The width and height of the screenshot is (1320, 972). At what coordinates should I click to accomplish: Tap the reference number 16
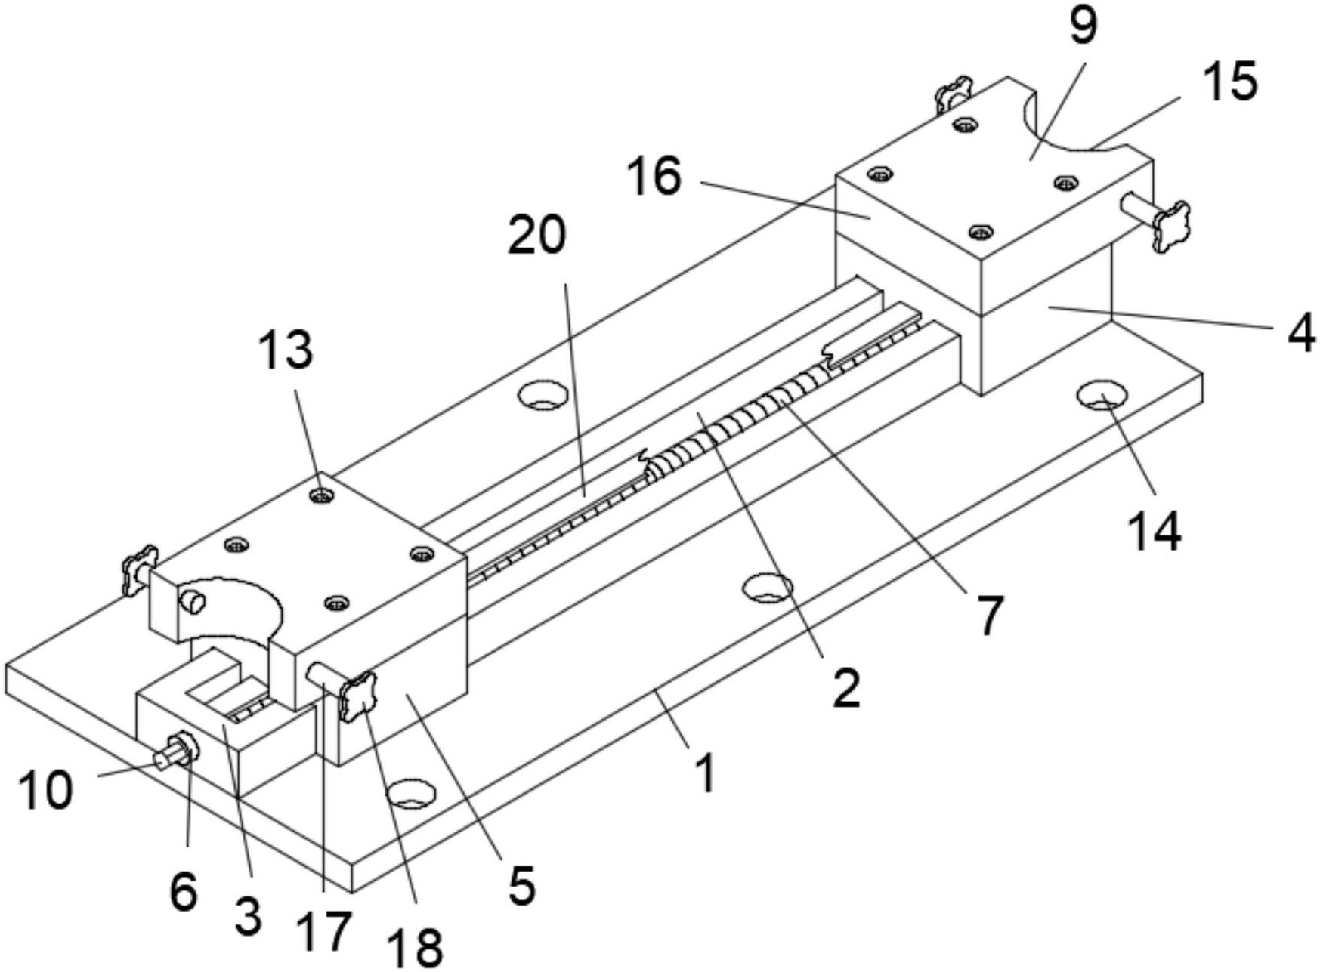pyautogui.click(x=654, y=177)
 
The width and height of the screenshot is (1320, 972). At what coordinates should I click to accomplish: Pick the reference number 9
pyautogui.click(x=1082, y=26)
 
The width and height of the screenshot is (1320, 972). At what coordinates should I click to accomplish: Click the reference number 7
pyautogui.click(x=988, y=616)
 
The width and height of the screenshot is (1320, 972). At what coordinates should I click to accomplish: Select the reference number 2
pyautogui.click(x=845, y=687)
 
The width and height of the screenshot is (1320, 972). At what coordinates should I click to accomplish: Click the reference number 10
pyautogui.click(x=46, y=790)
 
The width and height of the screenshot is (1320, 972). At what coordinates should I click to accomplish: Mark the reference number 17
pyautogui.click(x=326, y=930)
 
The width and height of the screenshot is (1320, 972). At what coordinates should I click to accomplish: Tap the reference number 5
pyautogui.click(x=521, y=885)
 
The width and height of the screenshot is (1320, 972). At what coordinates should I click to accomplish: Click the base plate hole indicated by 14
pyautogui.click(x=1102, y=394)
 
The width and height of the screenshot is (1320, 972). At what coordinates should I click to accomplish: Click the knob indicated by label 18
pyautogui.click(x=357, y=696)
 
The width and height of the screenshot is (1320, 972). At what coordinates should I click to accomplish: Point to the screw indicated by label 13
pyautogui.click(x=323, y=495)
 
